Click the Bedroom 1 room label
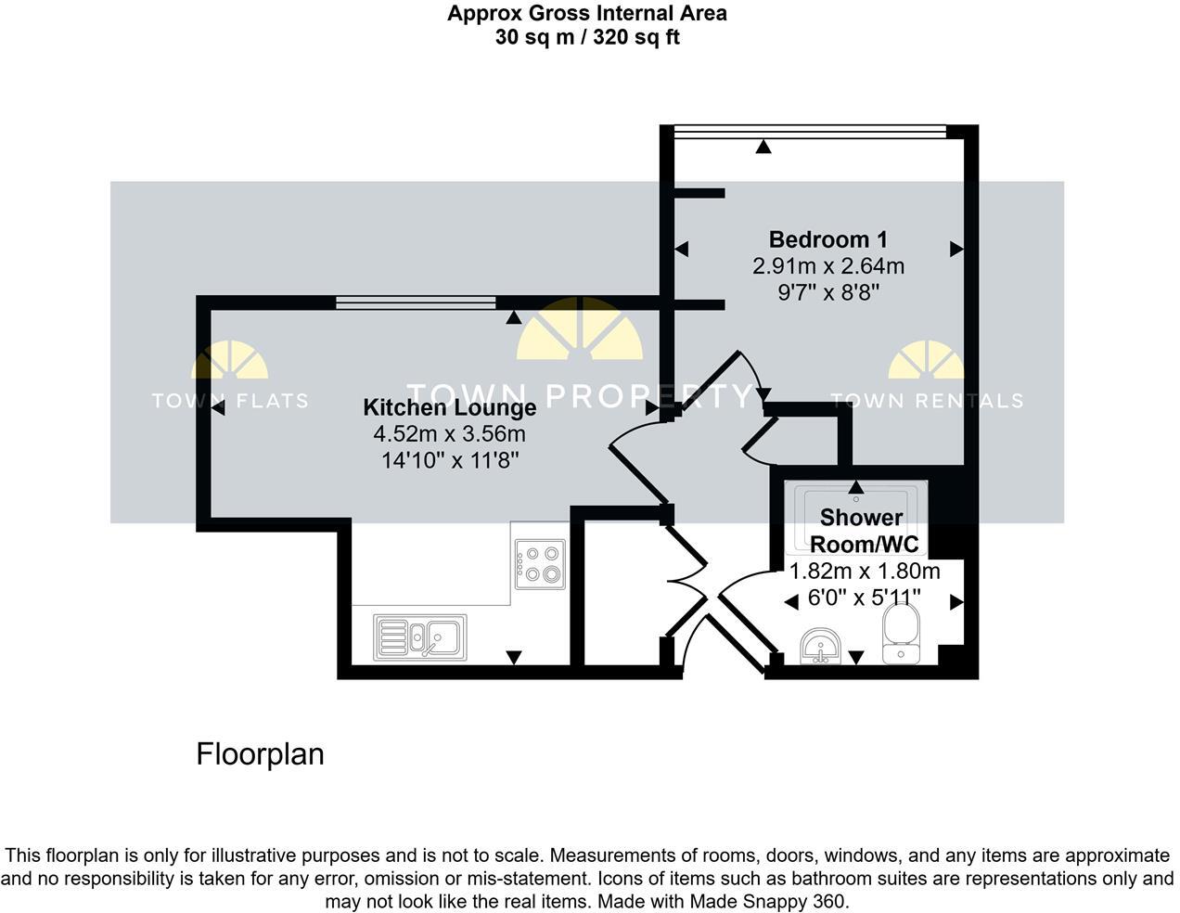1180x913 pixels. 827,239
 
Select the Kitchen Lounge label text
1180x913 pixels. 449,407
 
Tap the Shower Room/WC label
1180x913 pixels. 862,530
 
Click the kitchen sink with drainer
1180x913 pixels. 420,637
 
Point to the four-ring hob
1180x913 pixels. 540,565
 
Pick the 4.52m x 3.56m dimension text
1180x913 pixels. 449,433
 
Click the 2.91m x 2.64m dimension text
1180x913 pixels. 827,266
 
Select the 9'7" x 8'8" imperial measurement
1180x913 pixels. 827,292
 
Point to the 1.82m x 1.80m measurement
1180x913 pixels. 864,571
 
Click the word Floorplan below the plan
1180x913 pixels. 260,754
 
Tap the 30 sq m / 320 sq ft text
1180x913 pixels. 586,38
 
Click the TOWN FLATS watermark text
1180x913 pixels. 229,401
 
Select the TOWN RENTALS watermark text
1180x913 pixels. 927,401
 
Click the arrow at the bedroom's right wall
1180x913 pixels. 956,249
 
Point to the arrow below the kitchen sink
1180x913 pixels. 514,658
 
